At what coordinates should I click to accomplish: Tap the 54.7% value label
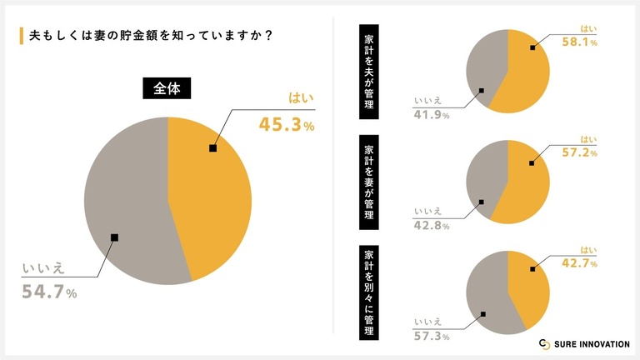click(49, 292)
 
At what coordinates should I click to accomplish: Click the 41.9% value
click(432, 115)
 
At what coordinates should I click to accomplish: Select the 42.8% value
click(432, 224)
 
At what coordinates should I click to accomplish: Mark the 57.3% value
click(432, 336)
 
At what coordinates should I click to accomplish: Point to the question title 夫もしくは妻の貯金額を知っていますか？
click(154, 37)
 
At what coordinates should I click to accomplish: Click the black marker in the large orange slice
click(213, 148)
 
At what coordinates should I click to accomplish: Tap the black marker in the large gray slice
click(114, 237)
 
